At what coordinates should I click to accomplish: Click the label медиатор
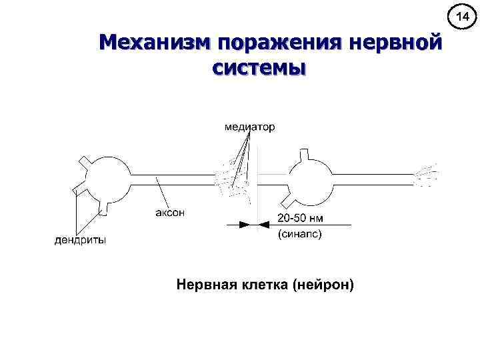[249, 126]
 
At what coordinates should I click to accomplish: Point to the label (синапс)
[299, 234]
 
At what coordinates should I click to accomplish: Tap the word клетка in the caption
[265, 285]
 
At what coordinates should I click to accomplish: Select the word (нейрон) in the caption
[325, 285]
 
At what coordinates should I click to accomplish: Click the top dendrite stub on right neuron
[305, 155]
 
